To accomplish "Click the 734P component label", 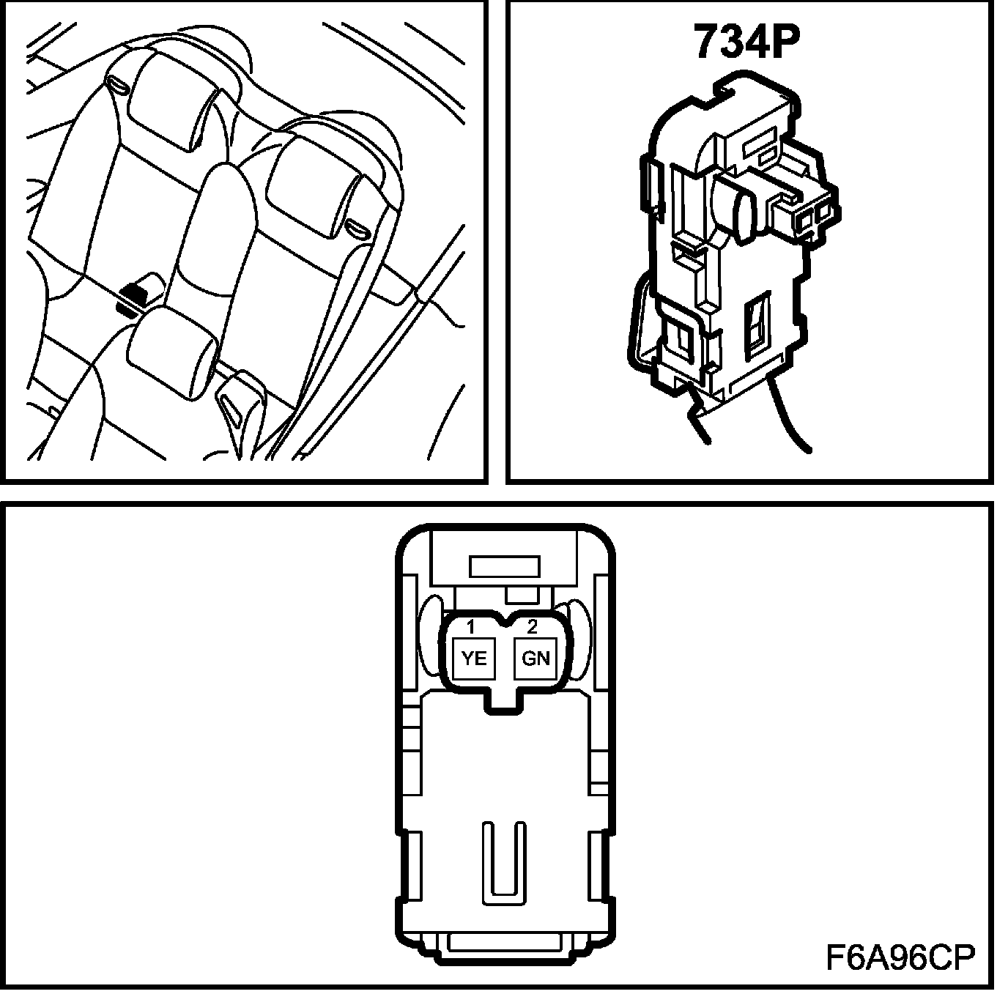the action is pyautogui.click(x=745, y=42).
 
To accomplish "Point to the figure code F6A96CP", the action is pyautogui.click(x=900, y=957).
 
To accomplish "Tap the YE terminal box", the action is pyautogui.click(x=475, y=658).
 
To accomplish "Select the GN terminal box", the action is pyautogui.click(x=535, y=658).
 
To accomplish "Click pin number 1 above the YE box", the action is pyautogui.click(x=471, y=627).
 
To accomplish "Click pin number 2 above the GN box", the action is pyautogui.click(x=533, y=627).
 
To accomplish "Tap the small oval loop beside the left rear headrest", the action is pyautogui.click(x=118, y=84).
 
